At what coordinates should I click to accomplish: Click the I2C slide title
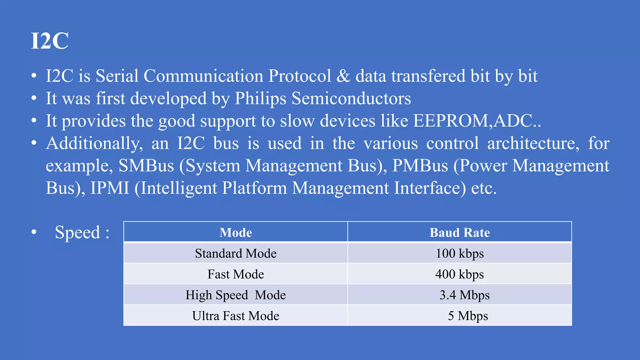(x=50, y=41)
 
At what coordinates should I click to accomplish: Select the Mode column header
(x=236, y=232)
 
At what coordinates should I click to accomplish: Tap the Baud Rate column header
(x=459, y=232)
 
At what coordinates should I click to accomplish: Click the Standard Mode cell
(x=236, y=253)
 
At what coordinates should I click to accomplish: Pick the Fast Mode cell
(x=236, y=274)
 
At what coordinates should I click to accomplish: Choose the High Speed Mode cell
(x=236, y=295)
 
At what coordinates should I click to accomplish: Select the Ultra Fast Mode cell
(x=236, y=316)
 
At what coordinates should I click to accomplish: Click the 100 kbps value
(x=459, y=253)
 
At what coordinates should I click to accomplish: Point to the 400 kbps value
(x=459, y=274)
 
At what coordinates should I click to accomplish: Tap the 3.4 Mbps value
(x=464, y=295)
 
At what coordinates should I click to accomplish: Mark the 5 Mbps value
(x=468, y=316)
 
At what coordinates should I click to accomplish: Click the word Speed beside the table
(x=77, y=232)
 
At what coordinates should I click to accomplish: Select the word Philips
(x=260, y=99)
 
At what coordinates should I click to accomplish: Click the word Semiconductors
(x=351, y=99)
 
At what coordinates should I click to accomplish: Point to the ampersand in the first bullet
(x=343, y=76)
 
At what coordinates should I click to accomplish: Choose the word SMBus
(x=146, y=166)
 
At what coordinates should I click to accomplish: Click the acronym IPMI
(x=110, y=188)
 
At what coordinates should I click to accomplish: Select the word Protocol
(x=299, y=76)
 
